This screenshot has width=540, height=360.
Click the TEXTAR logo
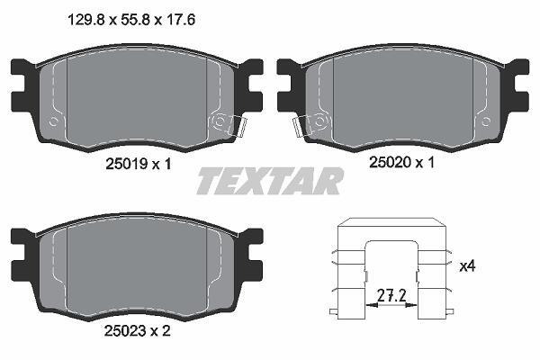click(x=270, y=181)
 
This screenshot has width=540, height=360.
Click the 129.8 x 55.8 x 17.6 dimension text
click(x=132, y=20)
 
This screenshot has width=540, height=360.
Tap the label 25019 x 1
click(x=139, y=164)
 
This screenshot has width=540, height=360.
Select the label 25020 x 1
click(x=402, y=162)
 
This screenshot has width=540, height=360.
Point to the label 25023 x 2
click(x=138, y=331)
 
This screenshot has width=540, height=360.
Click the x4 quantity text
click(x=467, y=266)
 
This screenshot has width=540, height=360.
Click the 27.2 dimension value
click(x=391, y=295)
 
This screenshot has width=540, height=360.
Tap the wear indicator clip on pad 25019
click(x=238, y=126)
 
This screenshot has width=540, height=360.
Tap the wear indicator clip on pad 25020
click(x=302, y=127)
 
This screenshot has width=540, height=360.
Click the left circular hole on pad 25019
click(x=53, y=121)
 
